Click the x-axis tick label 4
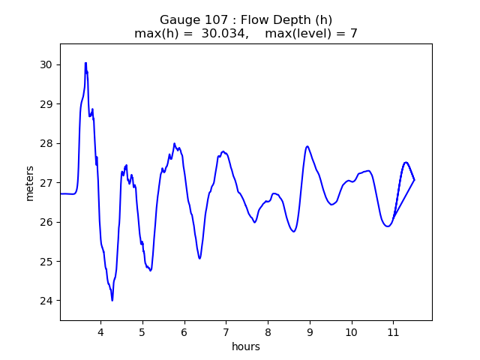click(100, 331)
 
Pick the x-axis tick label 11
click(392, 331)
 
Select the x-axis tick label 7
click(225, 331)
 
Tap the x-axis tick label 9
click(309, 331)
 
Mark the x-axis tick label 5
click(142, 331)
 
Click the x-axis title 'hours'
click(246, 346)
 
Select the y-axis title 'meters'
click(30, 183)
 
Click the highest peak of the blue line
click(85, 63)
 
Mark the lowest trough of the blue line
click(112, 300)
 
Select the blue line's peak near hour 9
click(307, 146)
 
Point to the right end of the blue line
click(414, 180)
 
